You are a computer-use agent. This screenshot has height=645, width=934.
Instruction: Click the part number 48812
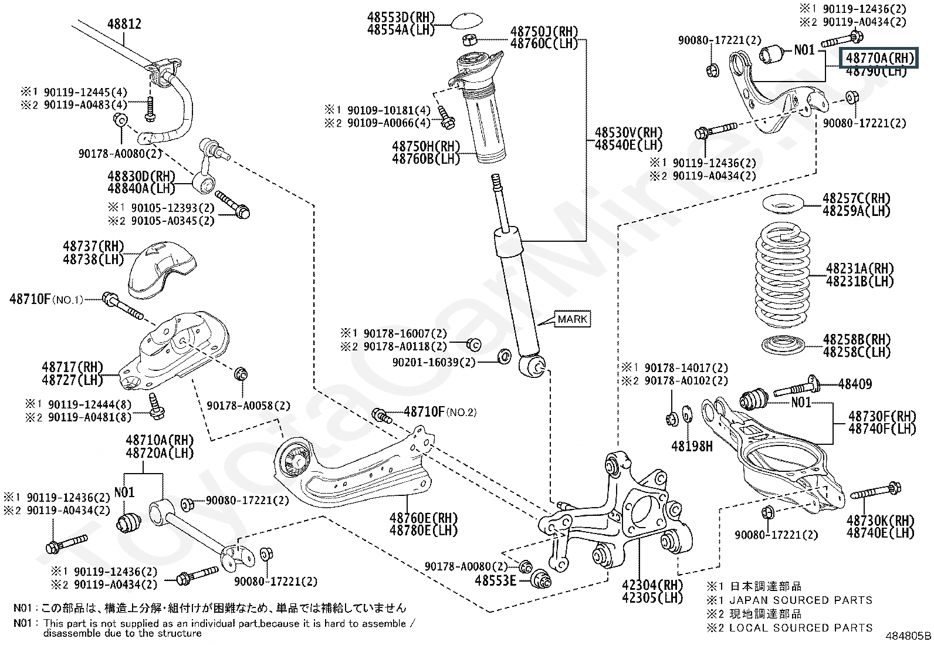(x=124, y=25)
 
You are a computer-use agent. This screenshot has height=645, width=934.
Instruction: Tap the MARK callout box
(x=572, y=319)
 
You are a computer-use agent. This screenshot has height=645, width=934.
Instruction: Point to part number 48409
(x=855, y=384)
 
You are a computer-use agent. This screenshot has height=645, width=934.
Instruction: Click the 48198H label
(x=692, y=447)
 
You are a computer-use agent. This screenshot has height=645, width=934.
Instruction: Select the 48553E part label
(x=495, y=580)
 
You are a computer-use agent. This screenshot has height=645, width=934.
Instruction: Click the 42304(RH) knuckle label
(x=653, y=585)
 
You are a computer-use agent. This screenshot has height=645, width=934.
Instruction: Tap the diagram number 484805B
(x=909, y=636)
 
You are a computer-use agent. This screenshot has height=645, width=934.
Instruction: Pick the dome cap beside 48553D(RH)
(x=468, y=21)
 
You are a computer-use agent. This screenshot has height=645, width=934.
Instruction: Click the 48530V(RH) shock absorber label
(x=628, y=133)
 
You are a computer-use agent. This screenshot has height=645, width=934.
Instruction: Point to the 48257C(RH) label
(x=856, y=198)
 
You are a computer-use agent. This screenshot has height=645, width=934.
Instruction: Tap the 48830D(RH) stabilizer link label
(x=141, y=175)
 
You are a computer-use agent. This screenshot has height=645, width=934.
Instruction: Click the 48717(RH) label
(x=72, y=367)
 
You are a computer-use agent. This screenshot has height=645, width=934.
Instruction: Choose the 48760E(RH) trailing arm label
(x=423, y=518)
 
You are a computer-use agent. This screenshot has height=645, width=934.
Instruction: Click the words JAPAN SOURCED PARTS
(x=800, y=600)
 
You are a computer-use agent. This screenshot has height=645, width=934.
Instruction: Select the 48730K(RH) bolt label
(x=880, y=520)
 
